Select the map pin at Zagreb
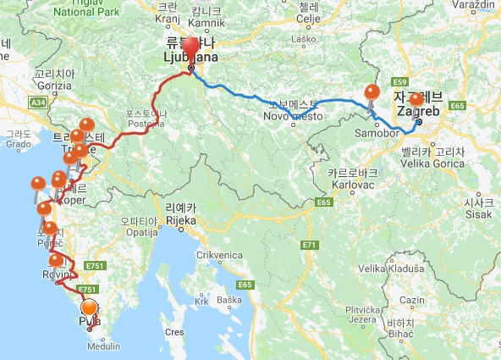pos(416,100)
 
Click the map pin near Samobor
pos(371,94)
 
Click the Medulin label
pos(105,346)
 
